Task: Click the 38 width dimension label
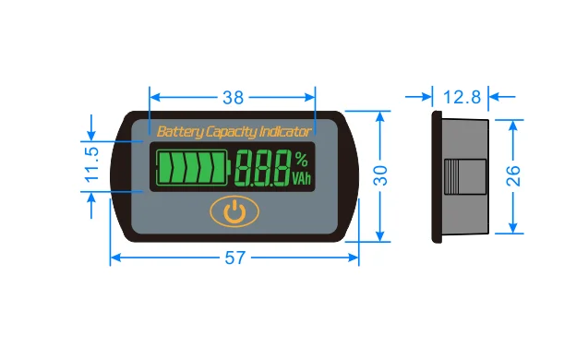[233, 98]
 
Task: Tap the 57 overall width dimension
[235, 258]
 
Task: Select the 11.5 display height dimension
[92, 164]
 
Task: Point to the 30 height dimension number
[380, 175]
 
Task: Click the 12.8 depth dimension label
[462, 97]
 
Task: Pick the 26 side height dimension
[513, 176]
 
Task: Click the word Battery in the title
[180, 132]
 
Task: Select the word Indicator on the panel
[285, 132]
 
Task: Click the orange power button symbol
[234, 211]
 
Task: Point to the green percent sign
[302, 159]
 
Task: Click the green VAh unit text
[302, 178]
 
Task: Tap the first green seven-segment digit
[245, 168]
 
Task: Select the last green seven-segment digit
[282, 168]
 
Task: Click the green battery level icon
[193, 167]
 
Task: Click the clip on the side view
[465, 176]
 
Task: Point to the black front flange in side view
[437, 176]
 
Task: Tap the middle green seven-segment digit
[263, 168]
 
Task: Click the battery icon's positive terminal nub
[229, 168]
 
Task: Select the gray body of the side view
[465, 138]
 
